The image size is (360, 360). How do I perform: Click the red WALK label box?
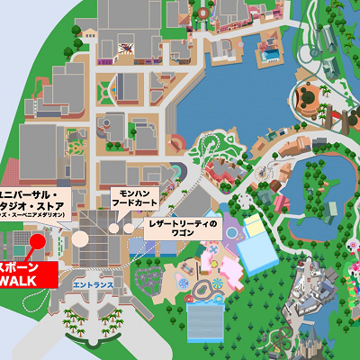[27, 275]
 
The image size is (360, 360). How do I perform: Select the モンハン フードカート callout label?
[135, 197]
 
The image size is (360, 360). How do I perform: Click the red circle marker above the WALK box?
[39, 239]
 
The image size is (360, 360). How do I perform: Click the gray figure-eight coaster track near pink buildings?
[212, 290]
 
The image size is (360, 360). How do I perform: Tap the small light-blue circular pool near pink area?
[233, 233]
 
